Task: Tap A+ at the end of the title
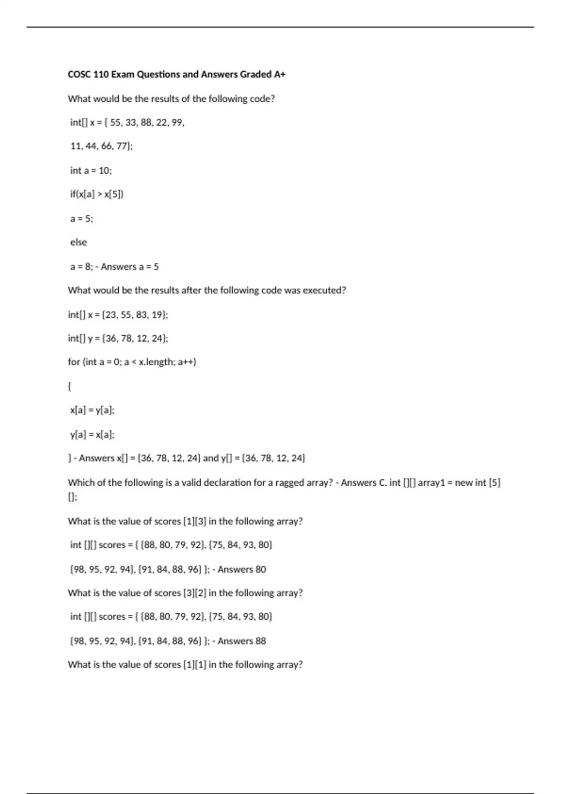(x=280, y=74)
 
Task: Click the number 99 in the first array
(x=178, y=122)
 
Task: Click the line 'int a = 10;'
(x=91, y=170)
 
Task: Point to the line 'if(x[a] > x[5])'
(x=97, y=194)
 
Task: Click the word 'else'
(x=79, y=242)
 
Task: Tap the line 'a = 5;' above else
(x=82, y=219)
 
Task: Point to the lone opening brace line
(x=70, y=386)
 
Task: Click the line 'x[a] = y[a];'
(x=92, y=410)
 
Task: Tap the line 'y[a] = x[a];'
(x=92, y=434)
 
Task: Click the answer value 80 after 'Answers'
(x=260, y=569)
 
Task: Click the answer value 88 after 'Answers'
(x=260, y=641)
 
